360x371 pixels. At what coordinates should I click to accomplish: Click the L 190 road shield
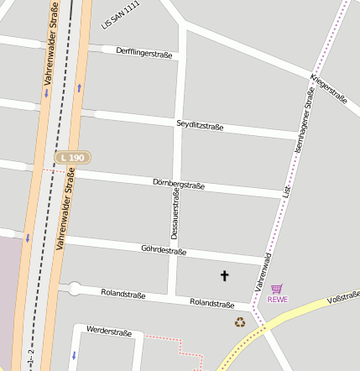(x=73, y=157)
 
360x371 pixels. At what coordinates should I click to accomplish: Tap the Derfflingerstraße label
(x=144, y=53)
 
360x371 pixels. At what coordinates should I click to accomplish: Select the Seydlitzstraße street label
(x=200, y=126)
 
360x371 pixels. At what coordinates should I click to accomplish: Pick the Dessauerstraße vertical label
(x=175, y=213)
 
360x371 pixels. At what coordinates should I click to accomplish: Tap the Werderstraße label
(x=109, y=333)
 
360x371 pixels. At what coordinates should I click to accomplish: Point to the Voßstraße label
(x=343, y=296)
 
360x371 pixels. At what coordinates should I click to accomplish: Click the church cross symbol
(x=224, y=274)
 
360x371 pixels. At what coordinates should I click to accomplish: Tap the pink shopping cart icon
(x=278, y=288)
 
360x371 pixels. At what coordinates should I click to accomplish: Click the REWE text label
(x=278, y=299)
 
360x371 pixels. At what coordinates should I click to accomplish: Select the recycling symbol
(x=240, y=321)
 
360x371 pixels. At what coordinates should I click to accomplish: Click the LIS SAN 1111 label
(x=120, y=15)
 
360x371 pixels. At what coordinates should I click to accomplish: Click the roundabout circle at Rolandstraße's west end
(x=74, y=289)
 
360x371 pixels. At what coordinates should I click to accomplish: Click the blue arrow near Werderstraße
(x=74, y=355)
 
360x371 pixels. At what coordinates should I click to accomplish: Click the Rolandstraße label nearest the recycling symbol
(x=211, y=303)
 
